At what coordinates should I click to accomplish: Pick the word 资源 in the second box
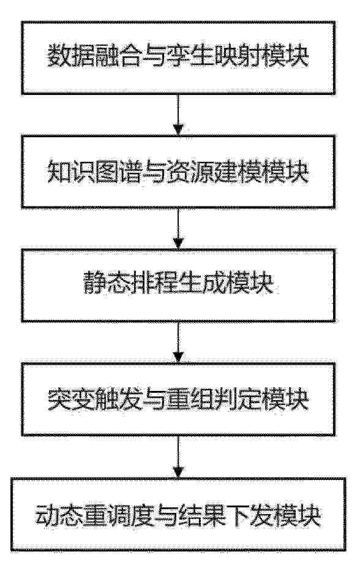[x=190, y=172]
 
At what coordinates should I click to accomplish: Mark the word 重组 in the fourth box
[x=190, y=400]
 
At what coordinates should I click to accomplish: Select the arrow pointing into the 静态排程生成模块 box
[x=178, y=229]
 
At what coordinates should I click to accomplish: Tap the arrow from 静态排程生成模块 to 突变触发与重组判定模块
[x=178, y=343]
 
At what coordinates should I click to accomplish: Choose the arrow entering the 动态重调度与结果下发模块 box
[x=178, y=457]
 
